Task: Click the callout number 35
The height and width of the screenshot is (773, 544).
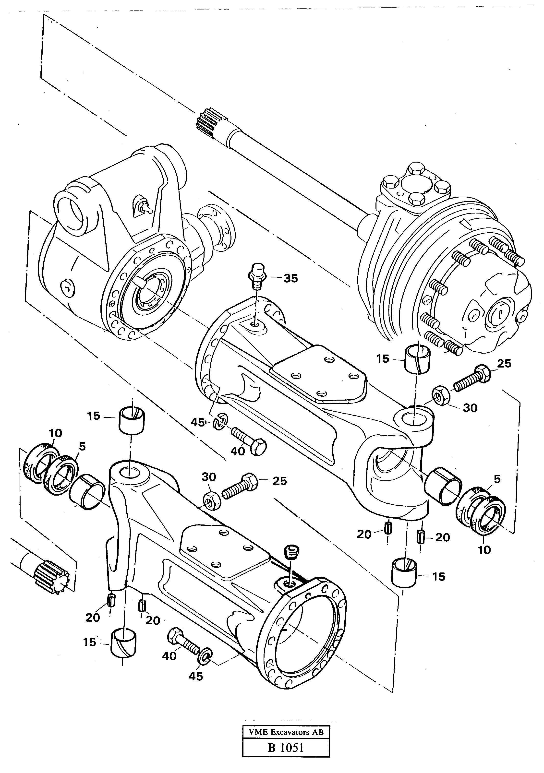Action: coord(290,278)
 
